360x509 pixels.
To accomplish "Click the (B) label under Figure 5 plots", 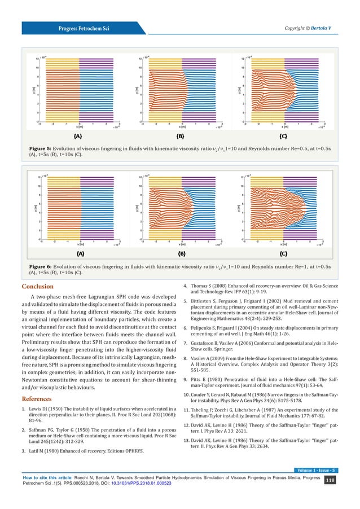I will point(181,137).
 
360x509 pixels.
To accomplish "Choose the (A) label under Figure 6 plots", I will point(80,254).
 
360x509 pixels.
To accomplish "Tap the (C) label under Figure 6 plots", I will point(284,254).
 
